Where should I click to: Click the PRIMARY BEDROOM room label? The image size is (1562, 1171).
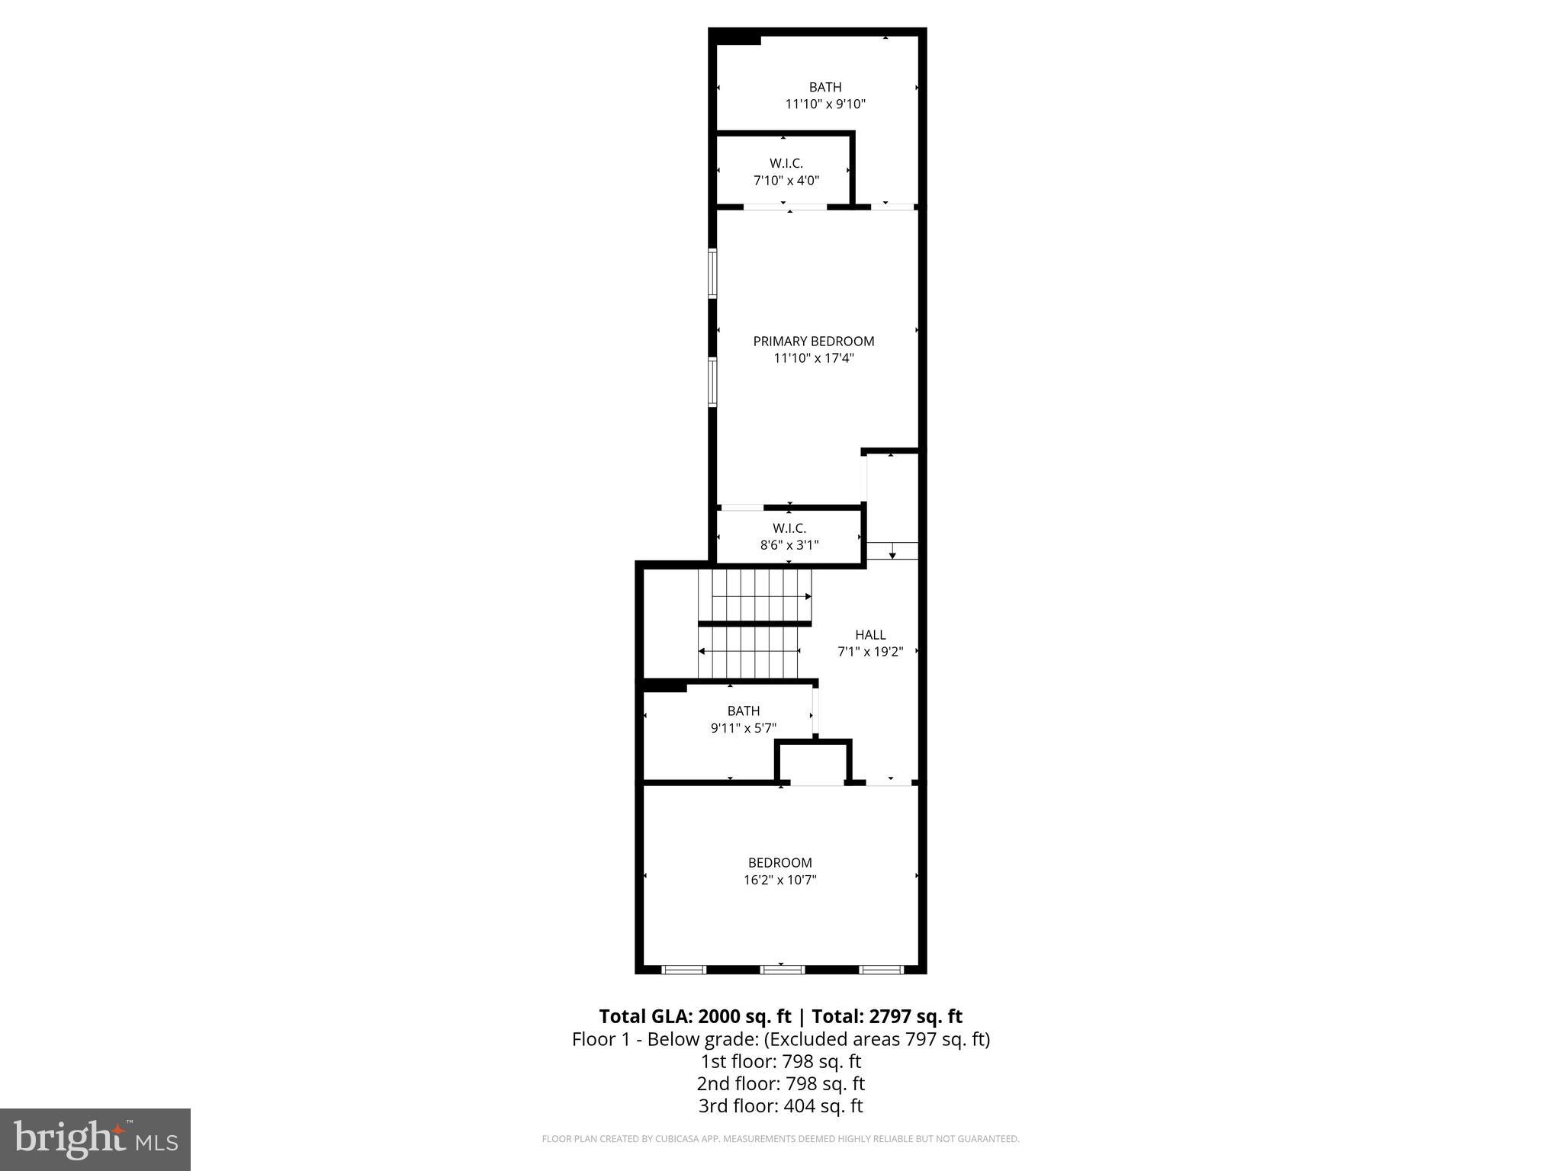click(813, 341)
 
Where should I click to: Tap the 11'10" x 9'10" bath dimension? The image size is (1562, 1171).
click(825, 104)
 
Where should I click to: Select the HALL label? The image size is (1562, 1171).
click(870, 634)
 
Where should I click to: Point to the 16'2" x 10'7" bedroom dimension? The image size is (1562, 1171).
click(780, 880)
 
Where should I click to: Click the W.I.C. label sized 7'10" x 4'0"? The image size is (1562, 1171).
click(786, 163)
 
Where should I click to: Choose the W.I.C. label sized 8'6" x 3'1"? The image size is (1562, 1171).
click(789, 528)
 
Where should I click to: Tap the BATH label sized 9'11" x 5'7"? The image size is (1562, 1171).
click(743, 711)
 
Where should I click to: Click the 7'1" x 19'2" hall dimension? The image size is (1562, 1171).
click(870, 652)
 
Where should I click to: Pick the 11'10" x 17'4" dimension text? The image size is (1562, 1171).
click(813, 358)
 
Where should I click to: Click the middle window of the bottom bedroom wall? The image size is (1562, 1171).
click(782, 970)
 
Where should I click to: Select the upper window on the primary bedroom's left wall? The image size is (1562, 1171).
click(712, 273)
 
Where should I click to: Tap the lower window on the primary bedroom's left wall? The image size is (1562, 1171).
click(712, 381)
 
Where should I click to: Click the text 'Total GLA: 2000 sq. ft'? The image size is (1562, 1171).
click(695, 1016)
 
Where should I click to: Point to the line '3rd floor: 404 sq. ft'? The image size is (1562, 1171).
click(780, 1105)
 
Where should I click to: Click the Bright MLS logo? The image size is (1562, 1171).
click(95, 1139)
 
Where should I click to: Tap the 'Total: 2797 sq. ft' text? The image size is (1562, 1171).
click(886, 1016)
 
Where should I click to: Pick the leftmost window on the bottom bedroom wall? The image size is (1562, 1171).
click(683, 970)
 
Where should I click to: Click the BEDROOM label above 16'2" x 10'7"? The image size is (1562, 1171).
click(780, 862)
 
